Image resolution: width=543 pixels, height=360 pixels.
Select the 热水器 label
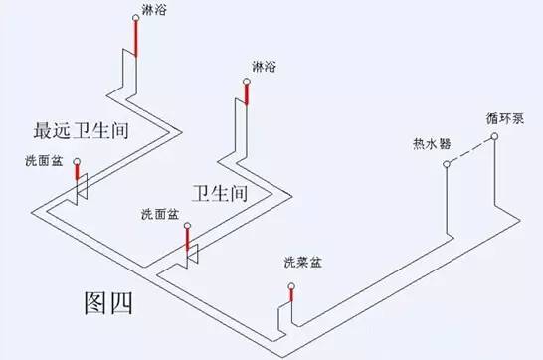pyautogui.click(x=432, y=143)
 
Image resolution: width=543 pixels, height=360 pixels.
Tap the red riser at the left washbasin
pyautogui.click(x=76, y=181)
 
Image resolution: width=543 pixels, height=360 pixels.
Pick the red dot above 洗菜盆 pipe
pyautogui.click(x=291, y=286)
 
